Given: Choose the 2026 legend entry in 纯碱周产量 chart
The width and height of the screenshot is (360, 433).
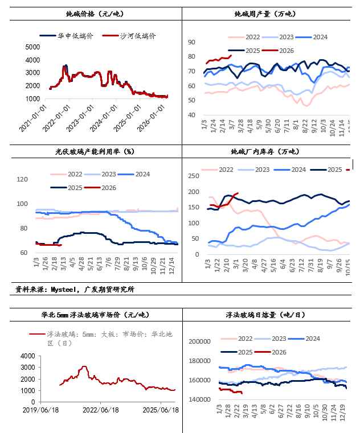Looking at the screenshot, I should (x=285, y=51).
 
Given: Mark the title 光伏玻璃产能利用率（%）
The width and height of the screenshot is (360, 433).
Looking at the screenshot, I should (x=91, y=152).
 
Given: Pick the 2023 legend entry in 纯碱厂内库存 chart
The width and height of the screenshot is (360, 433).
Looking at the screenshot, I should (x=261, y=170).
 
